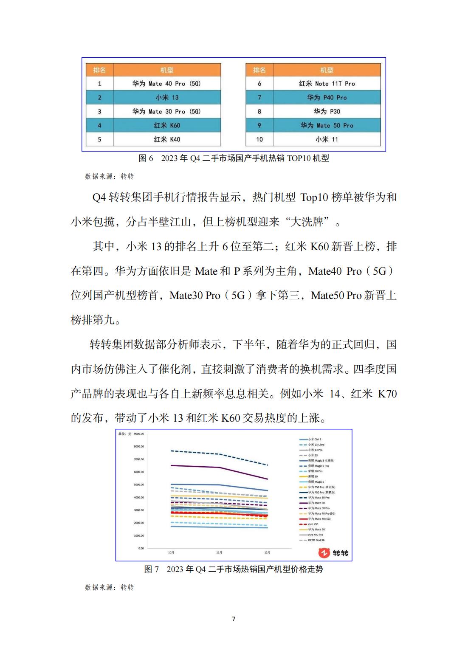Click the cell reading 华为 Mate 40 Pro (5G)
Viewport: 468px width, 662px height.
[x=166, y=84]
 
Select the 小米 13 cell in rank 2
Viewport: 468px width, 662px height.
[x=166, y=98]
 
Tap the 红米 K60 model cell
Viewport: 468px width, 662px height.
[x=166, y=126]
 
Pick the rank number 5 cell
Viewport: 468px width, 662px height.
[x=99, y=139]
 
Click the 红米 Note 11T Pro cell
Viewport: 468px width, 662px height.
[x=327, y=84]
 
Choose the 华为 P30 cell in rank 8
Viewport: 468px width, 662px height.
[x=327, y=112]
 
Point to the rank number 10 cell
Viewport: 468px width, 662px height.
[x=259, y=139]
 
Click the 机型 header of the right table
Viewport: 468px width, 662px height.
[x=327, y=70]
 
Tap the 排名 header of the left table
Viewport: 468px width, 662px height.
[x=99, y=70]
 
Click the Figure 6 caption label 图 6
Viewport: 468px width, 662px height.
[x=146, y=158]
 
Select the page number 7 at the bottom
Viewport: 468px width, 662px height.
[x=234, y=619]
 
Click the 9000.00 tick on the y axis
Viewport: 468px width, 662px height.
[x=139, y=434]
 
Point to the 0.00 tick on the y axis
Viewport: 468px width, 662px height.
[x=141, y=548]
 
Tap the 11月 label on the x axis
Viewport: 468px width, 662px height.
[x=219, y=552]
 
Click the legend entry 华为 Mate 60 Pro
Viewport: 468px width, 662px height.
[x=319, y=498]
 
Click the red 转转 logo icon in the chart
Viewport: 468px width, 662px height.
[x=324, y=553]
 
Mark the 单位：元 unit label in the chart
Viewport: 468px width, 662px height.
[x=125, y=434]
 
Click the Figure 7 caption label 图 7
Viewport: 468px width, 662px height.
[x=151, y=569]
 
